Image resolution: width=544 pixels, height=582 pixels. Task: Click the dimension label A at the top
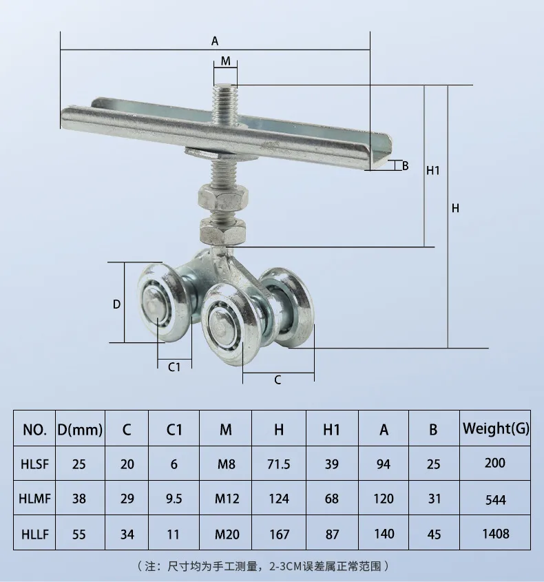tap(215, 41)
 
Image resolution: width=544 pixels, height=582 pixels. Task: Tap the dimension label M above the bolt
tap(225, 61)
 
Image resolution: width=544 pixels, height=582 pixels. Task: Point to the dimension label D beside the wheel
tap(116, 304)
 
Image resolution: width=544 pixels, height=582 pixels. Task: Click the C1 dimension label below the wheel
tap(174, 366)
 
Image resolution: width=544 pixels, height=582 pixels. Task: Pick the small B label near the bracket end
tap(406, 165)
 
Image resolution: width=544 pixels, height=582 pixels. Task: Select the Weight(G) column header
tap(496, 429)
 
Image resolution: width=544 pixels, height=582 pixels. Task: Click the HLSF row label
tap(34, 464)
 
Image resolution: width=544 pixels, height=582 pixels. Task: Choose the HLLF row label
tap(34, 533)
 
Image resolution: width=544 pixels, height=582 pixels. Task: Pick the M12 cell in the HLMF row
tap(225, 499)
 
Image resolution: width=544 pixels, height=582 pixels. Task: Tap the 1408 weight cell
tap(496, 533)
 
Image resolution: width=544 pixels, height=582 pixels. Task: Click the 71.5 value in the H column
tap(279, 464)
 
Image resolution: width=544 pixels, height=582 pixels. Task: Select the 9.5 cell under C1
tap(174, 499)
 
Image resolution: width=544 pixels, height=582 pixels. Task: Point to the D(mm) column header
tap(79, 430)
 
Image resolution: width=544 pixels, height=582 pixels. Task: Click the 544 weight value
tap(496, 499)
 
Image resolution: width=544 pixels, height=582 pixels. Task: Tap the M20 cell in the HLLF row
tap(225, 533)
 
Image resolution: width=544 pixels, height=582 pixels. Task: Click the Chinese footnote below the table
tap(265, 566)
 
